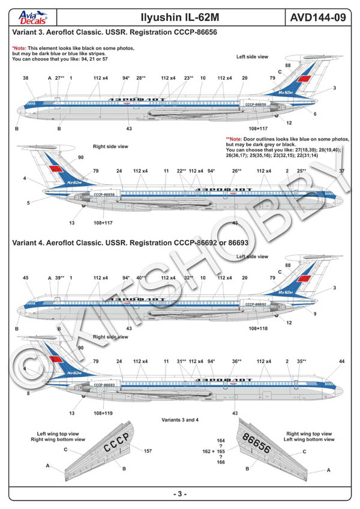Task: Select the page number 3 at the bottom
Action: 180,493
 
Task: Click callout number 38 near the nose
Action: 25,78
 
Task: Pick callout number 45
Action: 25,278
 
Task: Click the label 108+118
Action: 257,328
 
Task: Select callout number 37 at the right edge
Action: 342,171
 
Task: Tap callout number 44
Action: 341,361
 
